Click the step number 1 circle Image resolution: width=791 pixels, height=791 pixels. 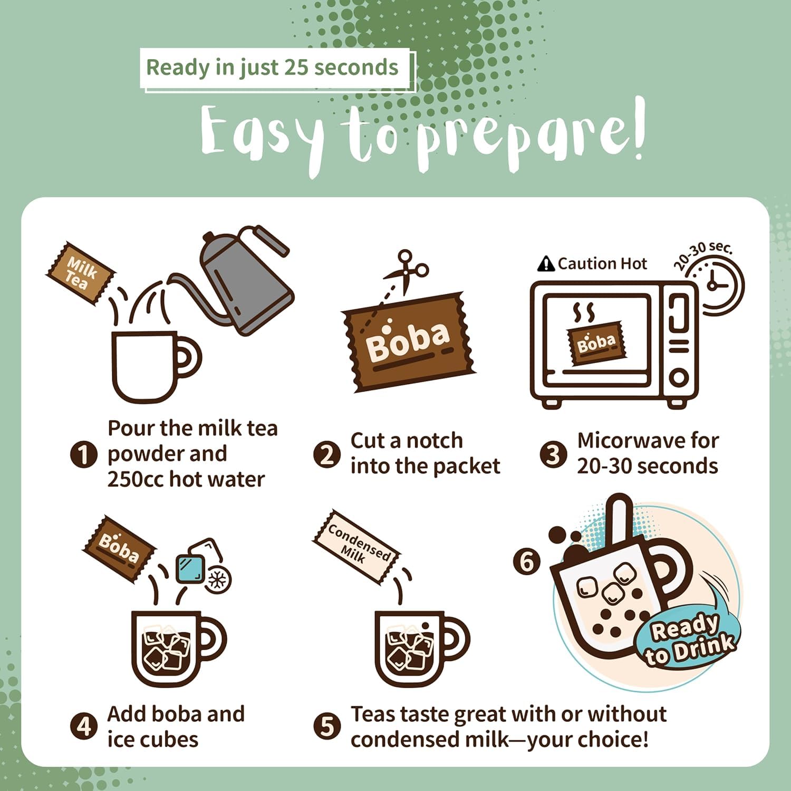coord(83,454)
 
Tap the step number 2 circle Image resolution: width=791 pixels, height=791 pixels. coord(327,454)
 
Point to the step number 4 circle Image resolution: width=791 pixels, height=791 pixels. coord(83,727)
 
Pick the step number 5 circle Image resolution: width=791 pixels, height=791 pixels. coord(327,727)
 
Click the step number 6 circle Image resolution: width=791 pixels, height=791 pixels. coord(527,561)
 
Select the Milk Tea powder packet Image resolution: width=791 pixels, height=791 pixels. coord(80,273)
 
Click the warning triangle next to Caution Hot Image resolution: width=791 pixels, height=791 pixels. coord(546,263)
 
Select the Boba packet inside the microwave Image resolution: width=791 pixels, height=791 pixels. coord(595,343)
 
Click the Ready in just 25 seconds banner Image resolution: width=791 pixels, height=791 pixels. coord(273,68)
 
